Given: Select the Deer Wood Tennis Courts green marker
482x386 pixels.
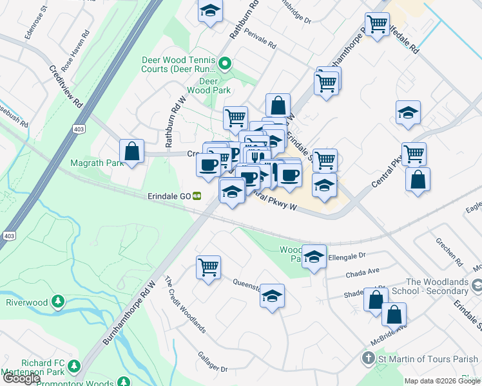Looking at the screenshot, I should (x=225, y=63).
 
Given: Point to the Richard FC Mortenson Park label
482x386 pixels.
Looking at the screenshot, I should (x=39, y=366).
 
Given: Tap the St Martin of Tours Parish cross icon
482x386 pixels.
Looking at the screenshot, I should (x=368, y=358).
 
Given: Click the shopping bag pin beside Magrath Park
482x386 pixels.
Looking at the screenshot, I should (x=131, y=152).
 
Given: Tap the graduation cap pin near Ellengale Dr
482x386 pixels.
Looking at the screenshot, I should (x=314, y=257).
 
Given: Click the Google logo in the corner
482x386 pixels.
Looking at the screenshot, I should (x=21, y=379).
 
